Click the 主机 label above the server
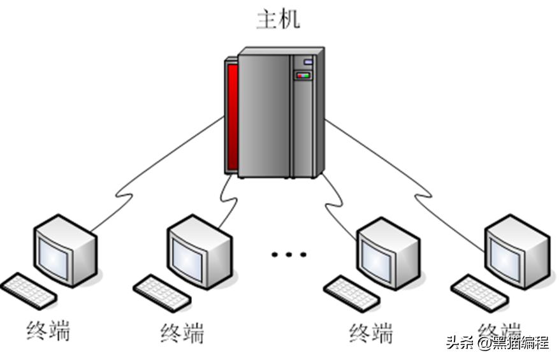(x=278, y=18)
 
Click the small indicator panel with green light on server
(x=303, y=76)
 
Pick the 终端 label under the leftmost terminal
(x=48, y=331)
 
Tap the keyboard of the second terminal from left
(x=162, y=293)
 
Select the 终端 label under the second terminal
(x=182, y=333)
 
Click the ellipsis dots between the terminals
(x=289, y=255)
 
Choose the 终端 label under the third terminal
(x=371, y=333)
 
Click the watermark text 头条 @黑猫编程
(x=497, y=343)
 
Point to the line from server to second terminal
(x=229, y=198)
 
